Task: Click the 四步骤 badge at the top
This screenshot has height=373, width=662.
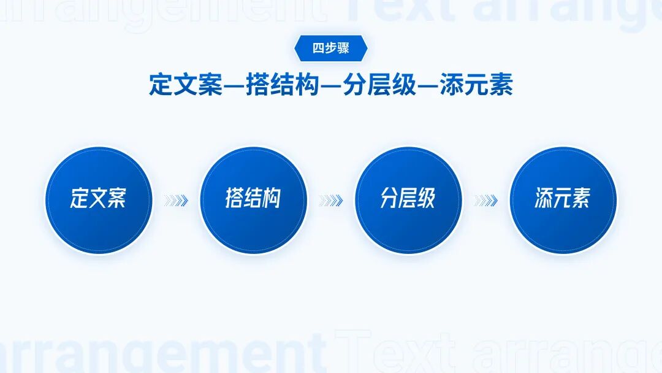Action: click(331, 48)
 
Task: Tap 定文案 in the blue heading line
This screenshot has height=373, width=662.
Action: click(185, 85)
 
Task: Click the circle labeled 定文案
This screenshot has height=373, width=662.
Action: click(98, 200)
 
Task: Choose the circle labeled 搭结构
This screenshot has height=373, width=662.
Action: click(253, 200)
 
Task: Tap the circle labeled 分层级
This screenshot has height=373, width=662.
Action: click(408, 200)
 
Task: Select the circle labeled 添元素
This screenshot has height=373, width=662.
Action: click(563, 200)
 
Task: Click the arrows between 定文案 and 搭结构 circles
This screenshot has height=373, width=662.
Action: click(176, 201)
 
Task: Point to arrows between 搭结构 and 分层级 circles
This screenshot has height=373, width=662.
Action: click(331, 201)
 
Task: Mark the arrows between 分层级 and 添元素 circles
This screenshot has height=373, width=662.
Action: click(486, 201)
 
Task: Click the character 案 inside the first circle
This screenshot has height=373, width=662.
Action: click(116, 199)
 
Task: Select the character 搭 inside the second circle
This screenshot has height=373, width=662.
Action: click(235, 199)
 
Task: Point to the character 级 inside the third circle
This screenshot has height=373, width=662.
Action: click(427, 199)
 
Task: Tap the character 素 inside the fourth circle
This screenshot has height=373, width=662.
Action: click(582, 199)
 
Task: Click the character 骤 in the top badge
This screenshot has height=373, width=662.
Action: click(343, 48)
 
